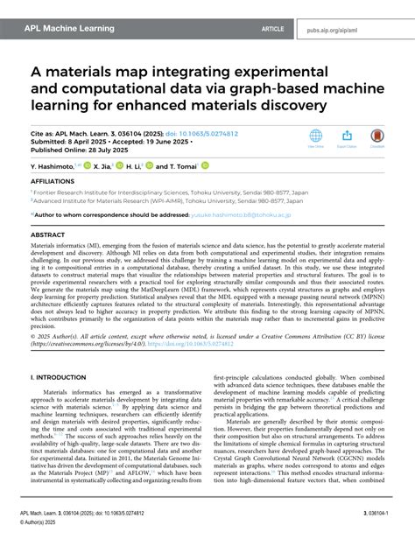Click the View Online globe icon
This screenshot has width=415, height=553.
pyautogui.click(x=317, y=137)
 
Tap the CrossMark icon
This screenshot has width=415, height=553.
pyautogui.click(x=376, y=137)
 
